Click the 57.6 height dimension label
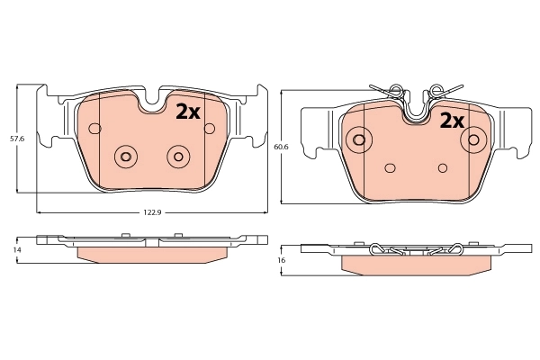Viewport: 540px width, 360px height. click(15, 139)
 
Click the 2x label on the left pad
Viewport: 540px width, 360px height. click(187, 111)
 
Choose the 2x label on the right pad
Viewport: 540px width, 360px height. click(450, 121)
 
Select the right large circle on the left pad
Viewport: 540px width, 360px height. click(177, 157)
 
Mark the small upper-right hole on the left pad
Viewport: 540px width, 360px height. click(210, 129)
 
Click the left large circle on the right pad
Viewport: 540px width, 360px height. click(359, 139)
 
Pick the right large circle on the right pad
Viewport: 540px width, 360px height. click(472, 139)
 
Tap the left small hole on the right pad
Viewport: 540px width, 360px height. click(390, 167)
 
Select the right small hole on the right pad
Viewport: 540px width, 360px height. click(442, 167)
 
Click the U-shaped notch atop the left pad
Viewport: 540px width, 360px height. click(153, 101)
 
